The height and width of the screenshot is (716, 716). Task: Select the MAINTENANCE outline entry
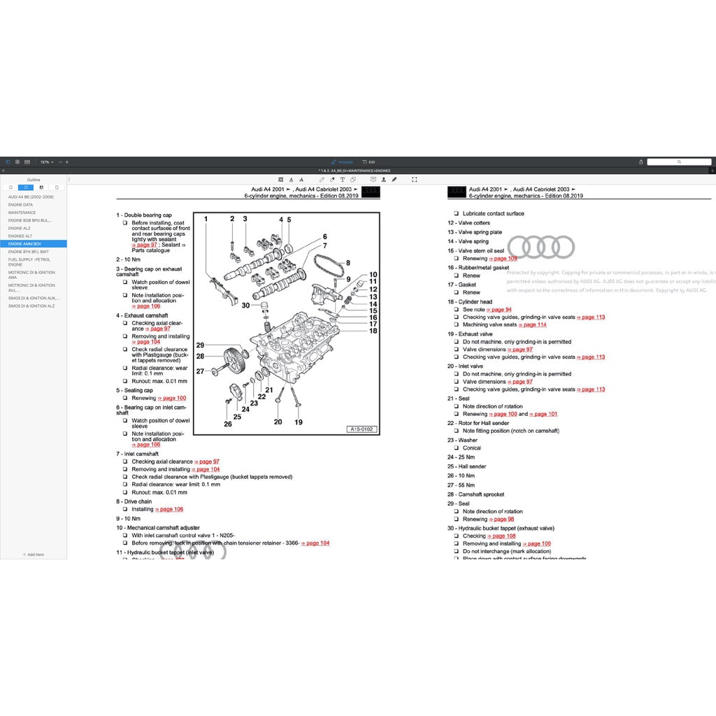(x=22, y=213)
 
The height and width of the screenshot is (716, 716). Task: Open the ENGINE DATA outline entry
(x=20, y=205)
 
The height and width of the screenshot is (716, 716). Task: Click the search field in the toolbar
(x=678, y=162)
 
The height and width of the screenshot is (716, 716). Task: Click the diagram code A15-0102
(x=361, y=429)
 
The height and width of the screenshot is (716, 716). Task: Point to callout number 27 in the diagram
(x=200, y=371)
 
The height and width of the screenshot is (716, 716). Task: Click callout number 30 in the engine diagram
(x=245, y=306)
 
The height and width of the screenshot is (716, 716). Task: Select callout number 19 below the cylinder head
(x=299, y=422)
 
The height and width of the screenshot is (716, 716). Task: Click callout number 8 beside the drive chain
(x=348, y=263)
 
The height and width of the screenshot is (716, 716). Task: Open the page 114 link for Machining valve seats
(x=534, y=325)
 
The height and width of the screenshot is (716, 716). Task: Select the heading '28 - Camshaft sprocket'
(x=475, y=494)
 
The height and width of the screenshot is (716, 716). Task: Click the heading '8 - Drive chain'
(x=134, y=501)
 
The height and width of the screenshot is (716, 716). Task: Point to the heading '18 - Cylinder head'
(x=470, y=302)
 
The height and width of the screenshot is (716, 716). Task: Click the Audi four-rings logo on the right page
(x=540, y=247)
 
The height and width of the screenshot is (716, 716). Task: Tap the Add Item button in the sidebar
(x=34, y=554)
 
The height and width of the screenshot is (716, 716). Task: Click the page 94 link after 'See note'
(x=499, y=310)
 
